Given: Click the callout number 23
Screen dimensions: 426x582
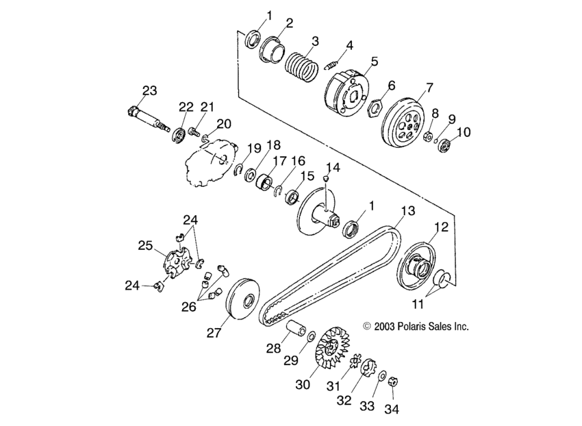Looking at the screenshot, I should [149, 90].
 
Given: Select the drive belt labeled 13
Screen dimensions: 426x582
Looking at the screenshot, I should [329, 274].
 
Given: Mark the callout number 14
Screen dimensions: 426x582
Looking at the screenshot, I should [332, 167].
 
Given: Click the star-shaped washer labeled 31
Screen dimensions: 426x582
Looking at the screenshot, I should [355, 362].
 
